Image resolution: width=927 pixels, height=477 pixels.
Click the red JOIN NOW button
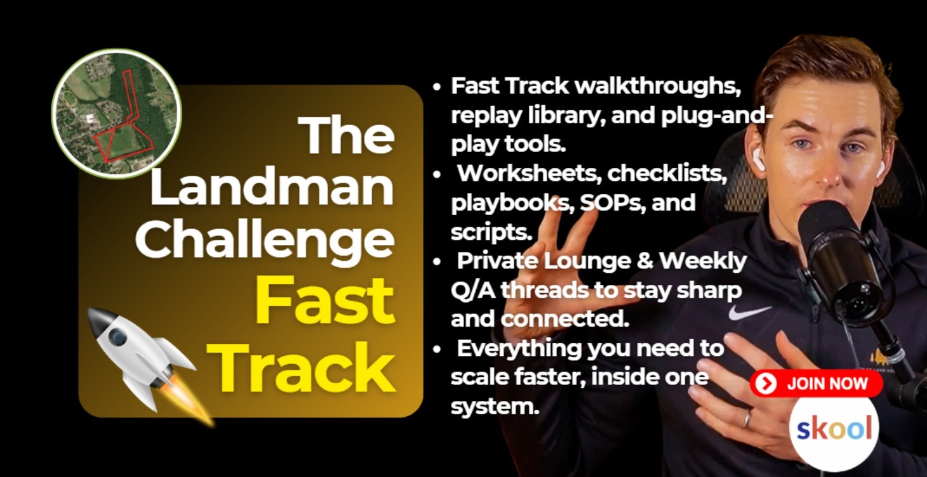click(816, 384)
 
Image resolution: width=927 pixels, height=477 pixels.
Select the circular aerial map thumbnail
click(117, 114)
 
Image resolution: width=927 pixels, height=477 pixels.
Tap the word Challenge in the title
click(265, 241)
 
